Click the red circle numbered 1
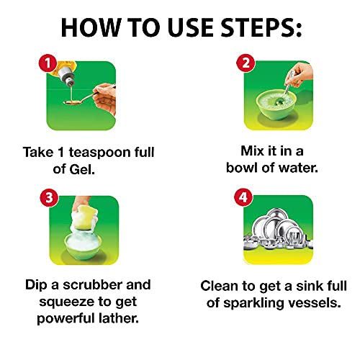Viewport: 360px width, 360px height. pyautogui.click(x=48, y=63)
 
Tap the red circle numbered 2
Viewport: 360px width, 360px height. pyautogui.click(x=246, y=63)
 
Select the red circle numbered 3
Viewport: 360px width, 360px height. pyautogui.click(x=49, y=198)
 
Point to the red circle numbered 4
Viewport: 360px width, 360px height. pyautogui.click(x=243, y=197)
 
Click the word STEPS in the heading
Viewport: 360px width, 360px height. pyautogui.click(x=261, y=27)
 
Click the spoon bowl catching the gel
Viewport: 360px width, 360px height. pyautogui.click(x=71, y=102)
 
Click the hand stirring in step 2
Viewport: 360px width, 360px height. pyautogui.click(x=300, y=74)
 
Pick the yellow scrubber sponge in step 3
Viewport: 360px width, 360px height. pyautogui.click(x=85, y=218)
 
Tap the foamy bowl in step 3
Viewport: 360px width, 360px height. pyautogui.click(x=83, y=246)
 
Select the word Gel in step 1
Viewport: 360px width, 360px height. pyautogui.click(x=81, y=169)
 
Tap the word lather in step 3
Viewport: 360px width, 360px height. pyautogui.click(x=119, y=318)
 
